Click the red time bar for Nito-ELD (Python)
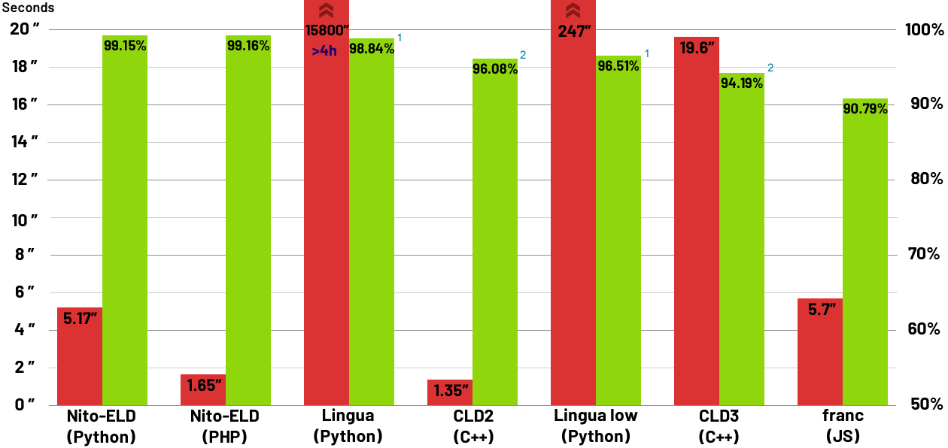[x=80, y=356]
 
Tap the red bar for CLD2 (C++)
[x=450, y=392]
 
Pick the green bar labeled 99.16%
[x=248, y=226]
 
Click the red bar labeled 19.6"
[x=697, y=226]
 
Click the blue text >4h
[x=324, y=51]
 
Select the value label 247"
[x=573, y=32]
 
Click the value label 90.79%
[x=865, y=108]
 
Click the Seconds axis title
[x=27, y=8]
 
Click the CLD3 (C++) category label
[x=719, y=425]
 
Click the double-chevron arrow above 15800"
[x=326, y=11]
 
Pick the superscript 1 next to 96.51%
[x=646, y=54]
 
